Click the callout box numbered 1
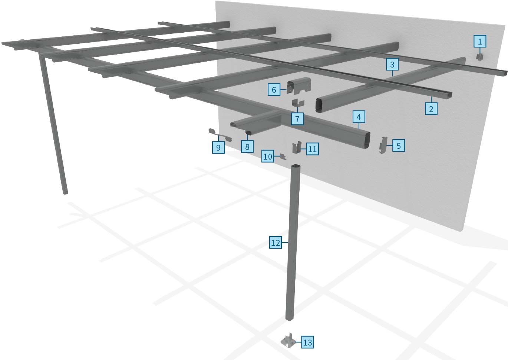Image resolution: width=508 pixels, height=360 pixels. tap(480, 41)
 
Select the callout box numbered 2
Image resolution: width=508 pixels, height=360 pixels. tap(431, 109)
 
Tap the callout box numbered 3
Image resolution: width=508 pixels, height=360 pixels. tap(392, 65)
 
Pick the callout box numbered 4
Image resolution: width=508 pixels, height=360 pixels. tap(359, 117)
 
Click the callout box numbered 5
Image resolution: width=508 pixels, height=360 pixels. tap(398, 145)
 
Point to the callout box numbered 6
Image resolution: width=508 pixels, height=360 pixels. tap(274, 89)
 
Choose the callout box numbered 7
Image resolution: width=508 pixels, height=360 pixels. tap(297, 119)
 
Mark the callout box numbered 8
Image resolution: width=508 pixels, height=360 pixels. tap(247, 147)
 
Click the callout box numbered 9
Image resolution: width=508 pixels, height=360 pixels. tap(218, 147)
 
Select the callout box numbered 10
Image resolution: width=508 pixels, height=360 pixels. tap(267, 156)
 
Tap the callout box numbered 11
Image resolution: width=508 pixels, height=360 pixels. tap(312, 149)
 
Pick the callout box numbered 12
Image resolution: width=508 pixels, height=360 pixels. tap(275, 243)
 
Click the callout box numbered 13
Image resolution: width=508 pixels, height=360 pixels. tap(307, 342)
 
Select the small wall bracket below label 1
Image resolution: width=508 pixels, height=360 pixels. tap(480, 57)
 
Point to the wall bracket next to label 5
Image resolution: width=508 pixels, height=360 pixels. tap(383, 145)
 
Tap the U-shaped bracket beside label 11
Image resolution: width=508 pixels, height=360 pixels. tap(297, 147)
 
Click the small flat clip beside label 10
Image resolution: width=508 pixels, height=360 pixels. tap(283, 157)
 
